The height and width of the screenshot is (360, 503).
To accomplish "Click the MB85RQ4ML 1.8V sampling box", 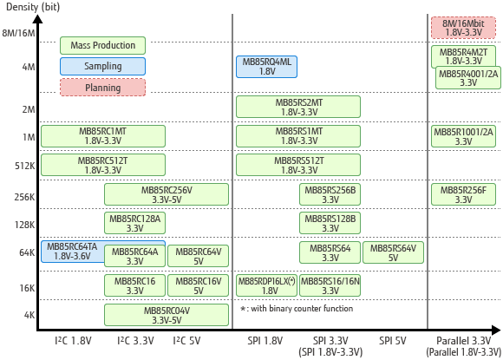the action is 266,67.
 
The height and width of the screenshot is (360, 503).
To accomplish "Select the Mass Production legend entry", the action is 102,45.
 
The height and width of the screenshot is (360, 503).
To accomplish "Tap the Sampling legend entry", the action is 102,67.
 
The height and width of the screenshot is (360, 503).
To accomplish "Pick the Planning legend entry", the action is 102,88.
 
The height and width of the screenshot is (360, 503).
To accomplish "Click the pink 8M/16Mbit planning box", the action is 463,28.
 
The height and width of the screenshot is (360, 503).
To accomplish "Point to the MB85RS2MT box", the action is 298,107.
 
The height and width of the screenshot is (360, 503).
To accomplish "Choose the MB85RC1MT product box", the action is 103,136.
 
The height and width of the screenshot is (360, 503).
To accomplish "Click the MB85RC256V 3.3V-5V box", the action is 167,194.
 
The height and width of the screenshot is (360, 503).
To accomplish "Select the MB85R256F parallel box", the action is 463,194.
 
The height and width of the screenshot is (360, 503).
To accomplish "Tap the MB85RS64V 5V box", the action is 393,252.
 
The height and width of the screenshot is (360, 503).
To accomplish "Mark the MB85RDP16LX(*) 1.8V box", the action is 266,285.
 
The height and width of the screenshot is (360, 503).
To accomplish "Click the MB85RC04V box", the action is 167,315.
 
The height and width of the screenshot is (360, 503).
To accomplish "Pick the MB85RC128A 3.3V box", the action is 134,223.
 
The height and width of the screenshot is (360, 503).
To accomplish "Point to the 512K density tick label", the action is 24,166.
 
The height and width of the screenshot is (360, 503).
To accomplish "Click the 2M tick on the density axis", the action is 29,109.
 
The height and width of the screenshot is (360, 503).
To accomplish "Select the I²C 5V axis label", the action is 186,340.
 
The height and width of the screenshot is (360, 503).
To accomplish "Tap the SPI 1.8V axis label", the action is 265,340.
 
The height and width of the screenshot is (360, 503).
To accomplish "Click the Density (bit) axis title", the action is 33,7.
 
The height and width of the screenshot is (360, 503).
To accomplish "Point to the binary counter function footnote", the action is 297,309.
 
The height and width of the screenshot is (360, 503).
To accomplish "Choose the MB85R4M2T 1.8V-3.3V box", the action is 463,56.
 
